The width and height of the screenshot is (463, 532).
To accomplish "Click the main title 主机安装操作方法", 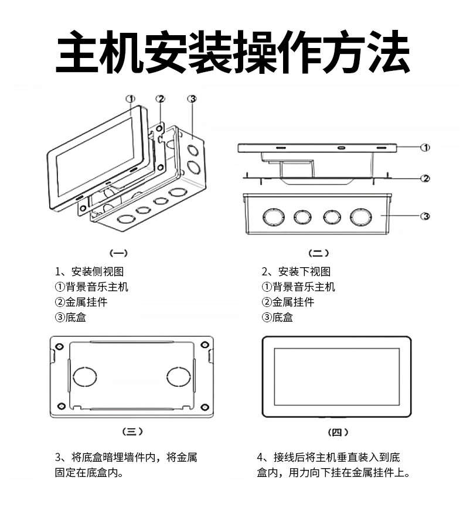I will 232,52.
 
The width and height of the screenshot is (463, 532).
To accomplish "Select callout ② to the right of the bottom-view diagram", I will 426,178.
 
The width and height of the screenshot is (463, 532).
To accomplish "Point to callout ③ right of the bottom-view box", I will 426,216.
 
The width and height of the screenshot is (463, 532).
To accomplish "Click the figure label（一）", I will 119,253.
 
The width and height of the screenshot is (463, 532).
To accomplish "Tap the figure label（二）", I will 319,253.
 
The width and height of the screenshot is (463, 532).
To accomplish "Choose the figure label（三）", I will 132,431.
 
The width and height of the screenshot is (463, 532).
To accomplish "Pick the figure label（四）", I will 337,432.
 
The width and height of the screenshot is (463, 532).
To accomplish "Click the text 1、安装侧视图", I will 89,271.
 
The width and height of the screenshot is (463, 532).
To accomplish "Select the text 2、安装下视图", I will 296,271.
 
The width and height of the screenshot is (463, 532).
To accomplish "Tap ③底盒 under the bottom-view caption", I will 277,317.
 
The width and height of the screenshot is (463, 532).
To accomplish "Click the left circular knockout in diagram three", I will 85,376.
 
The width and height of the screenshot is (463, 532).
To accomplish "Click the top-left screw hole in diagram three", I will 60,345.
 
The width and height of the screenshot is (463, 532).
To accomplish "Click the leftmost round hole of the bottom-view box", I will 273,217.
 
